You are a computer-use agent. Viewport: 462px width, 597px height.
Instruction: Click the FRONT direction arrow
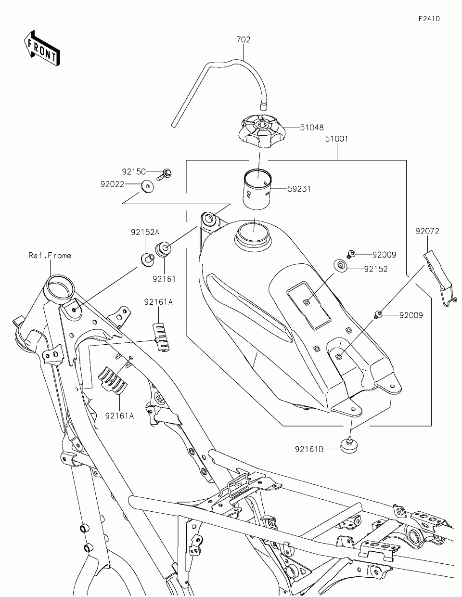42,48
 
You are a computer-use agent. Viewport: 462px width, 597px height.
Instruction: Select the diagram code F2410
429,19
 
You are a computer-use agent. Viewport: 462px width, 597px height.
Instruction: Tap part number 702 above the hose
244,39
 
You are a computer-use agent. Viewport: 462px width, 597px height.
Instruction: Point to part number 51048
311,128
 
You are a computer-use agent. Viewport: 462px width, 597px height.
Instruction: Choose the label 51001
336,139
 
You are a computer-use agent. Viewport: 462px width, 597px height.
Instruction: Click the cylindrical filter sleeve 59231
257,189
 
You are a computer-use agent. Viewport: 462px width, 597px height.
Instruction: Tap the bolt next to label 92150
165,174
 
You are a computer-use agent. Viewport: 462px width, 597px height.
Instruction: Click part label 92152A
145,233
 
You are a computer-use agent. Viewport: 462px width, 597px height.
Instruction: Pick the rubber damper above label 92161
164,248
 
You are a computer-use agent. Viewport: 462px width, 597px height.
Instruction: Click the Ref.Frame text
50,256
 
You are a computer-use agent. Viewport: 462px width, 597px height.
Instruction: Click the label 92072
427,231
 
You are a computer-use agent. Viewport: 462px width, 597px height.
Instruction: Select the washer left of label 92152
340,266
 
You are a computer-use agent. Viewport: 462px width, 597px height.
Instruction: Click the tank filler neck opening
253,233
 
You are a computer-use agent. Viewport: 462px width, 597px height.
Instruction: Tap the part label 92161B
309,450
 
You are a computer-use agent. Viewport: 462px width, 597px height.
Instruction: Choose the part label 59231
299,189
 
